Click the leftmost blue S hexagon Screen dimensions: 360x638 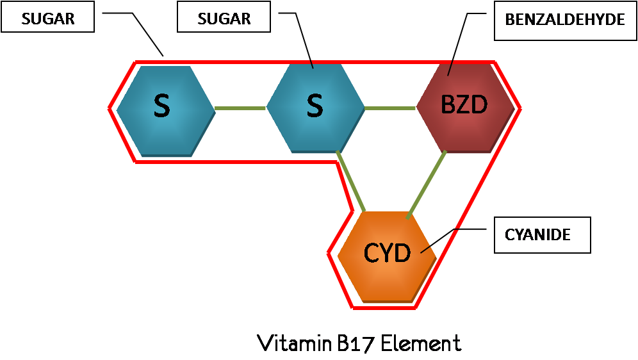(x=166, y=110)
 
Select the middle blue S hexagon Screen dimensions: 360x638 (x=315, y=108)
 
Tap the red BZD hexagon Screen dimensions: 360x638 (x=465, y=108)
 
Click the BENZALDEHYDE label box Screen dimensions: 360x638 (x=564, y=20)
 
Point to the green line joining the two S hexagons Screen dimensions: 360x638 (x=240, y=108)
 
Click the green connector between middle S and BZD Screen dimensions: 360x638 (x=390, y=108)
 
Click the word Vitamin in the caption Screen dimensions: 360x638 (x=293, y=343)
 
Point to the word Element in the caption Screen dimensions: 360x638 (x=420, y=343)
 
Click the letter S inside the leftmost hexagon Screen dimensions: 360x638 (x=162, y=106)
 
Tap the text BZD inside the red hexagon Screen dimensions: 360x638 (x=464, y=105)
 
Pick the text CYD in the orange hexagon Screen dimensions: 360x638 (x=387, y=254)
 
